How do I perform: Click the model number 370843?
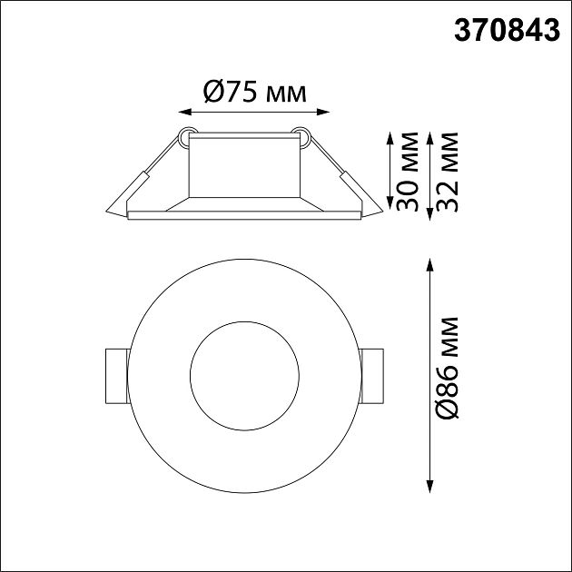coord(507,32)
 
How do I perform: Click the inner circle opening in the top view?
coord(242,374)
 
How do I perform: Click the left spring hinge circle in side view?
coord(185,138)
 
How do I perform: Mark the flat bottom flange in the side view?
coord(242,215)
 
